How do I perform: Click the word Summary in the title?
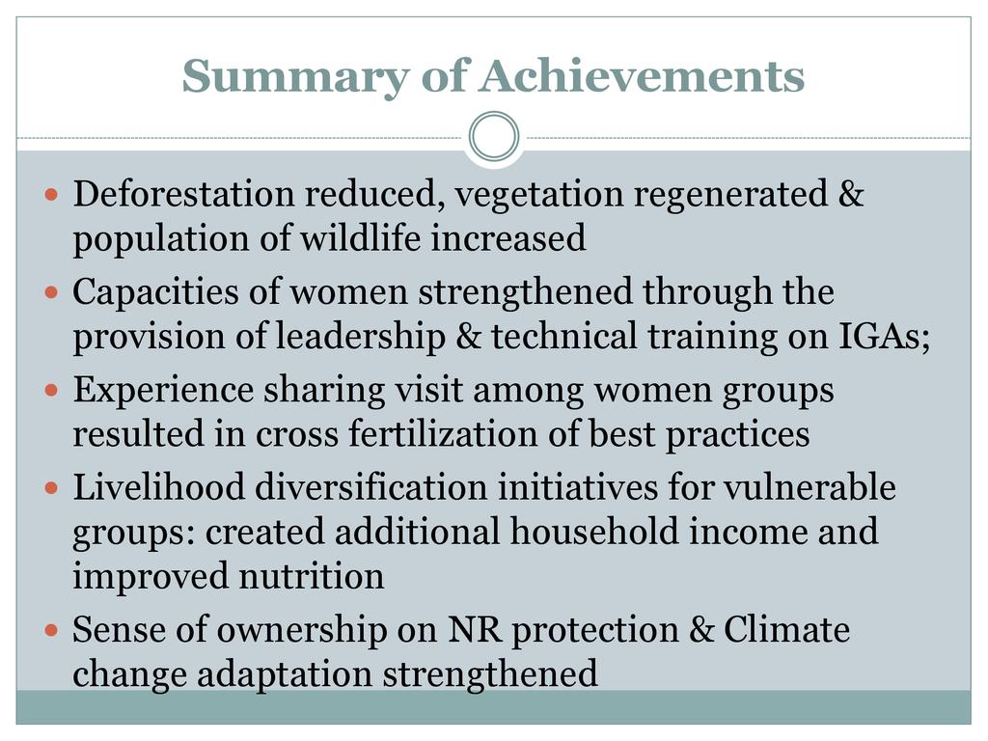pyautogui.click(x=295, y=77)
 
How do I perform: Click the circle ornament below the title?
pyautogui.click(x=494, y=136)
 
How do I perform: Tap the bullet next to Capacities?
pyautogui.click(x=52, y=292)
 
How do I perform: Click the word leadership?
pyautogui.click(x=361, y=336)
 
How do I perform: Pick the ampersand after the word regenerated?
pyautogui.click(x=851, y=193)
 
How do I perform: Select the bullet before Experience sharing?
pyautogui.click(x=52, y=390)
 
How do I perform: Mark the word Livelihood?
pyautogui.click(x=159, y=487)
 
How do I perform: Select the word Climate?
pyautogui.click(x=786, y=629)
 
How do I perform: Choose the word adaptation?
pyautogui.click(x=285, y=673)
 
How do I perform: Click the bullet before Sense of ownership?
pyautogui.click(x=52, y=629)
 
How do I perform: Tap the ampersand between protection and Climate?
pyautogui.click(x=700, y=629)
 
